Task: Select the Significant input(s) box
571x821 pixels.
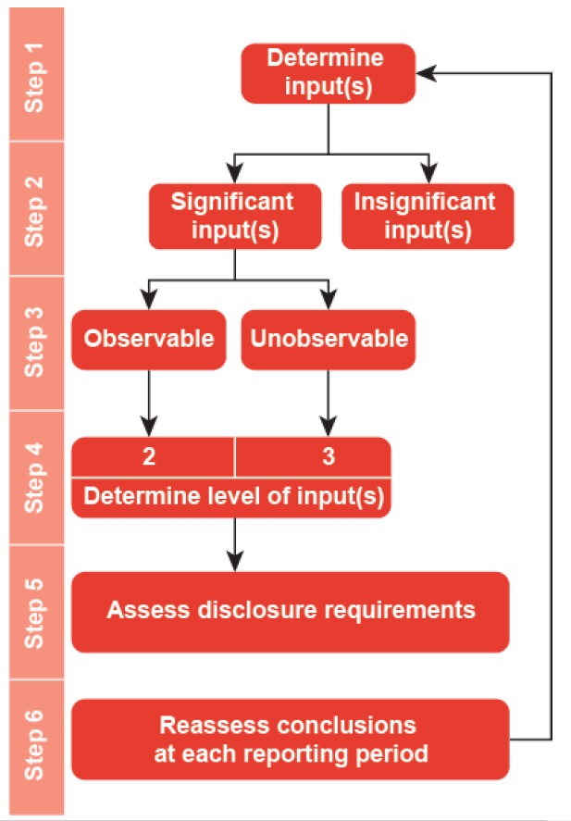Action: click(x=235, y=216)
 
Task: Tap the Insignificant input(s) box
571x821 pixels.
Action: click(x=427, y=216)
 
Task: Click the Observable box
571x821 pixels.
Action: click(x=149, y=339)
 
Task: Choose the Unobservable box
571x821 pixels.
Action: click(x=328, y=339)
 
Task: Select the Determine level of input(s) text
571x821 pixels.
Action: click(x=233, y=495)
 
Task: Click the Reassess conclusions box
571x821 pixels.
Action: click(x=291, y=740)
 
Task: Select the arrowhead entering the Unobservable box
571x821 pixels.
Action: click(x=328, y=300)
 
